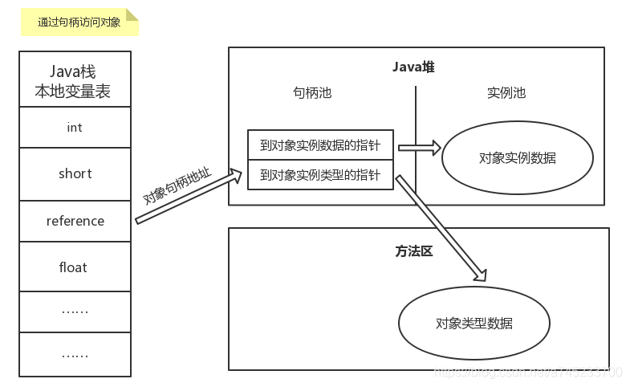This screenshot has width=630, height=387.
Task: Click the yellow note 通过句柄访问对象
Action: (x=79, y=22)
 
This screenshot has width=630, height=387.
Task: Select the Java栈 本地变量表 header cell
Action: (x=75, y=79)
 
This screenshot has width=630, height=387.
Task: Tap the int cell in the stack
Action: (x=75, y=127)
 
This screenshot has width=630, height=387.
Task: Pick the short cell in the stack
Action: (x=75, y=173)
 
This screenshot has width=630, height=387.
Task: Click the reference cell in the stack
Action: (x=75, y=221)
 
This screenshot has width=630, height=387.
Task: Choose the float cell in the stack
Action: (x=75, y=267)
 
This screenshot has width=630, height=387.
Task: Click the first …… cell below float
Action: (x=75, y=310)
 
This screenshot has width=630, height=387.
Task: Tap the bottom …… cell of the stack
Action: (x=75, y=354)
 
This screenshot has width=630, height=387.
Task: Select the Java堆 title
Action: (x=413, y=67)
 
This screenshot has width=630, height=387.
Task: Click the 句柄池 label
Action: (x=312, y=92)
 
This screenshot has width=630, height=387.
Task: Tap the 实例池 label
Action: (x=506, y=92)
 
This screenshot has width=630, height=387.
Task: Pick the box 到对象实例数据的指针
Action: (x=320, y=147)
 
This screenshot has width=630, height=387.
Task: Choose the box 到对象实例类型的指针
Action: (x=320, y=174)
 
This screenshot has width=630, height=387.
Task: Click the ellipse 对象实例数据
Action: (x=518, y=157)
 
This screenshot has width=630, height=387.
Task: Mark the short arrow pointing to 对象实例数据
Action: (x=420, y=148)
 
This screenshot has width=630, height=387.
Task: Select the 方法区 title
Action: (x=413, y=251)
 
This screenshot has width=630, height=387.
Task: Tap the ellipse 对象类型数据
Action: (x=474, y=324)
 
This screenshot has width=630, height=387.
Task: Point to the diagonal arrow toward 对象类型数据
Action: (x=441, y=227)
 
